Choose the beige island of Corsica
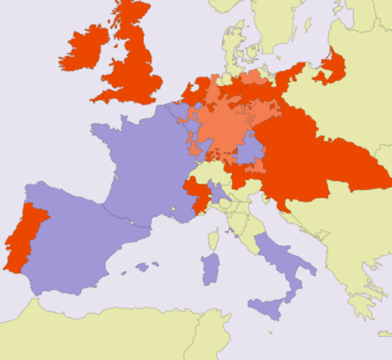tap(213, 240)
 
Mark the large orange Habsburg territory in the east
tap(323, 157)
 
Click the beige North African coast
tap(113, 330)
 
